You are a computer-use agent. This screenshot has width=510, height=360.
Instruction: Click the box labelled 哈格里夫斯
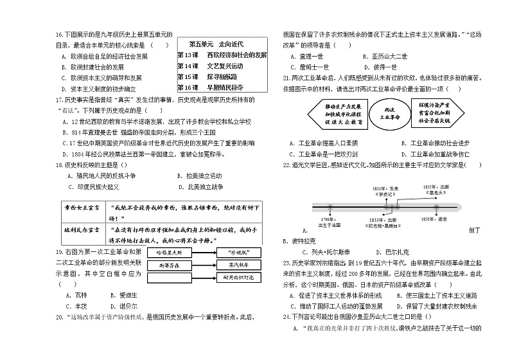170,252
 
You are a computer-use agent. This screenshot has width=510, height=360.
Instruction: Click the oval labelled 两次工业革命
387,113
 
